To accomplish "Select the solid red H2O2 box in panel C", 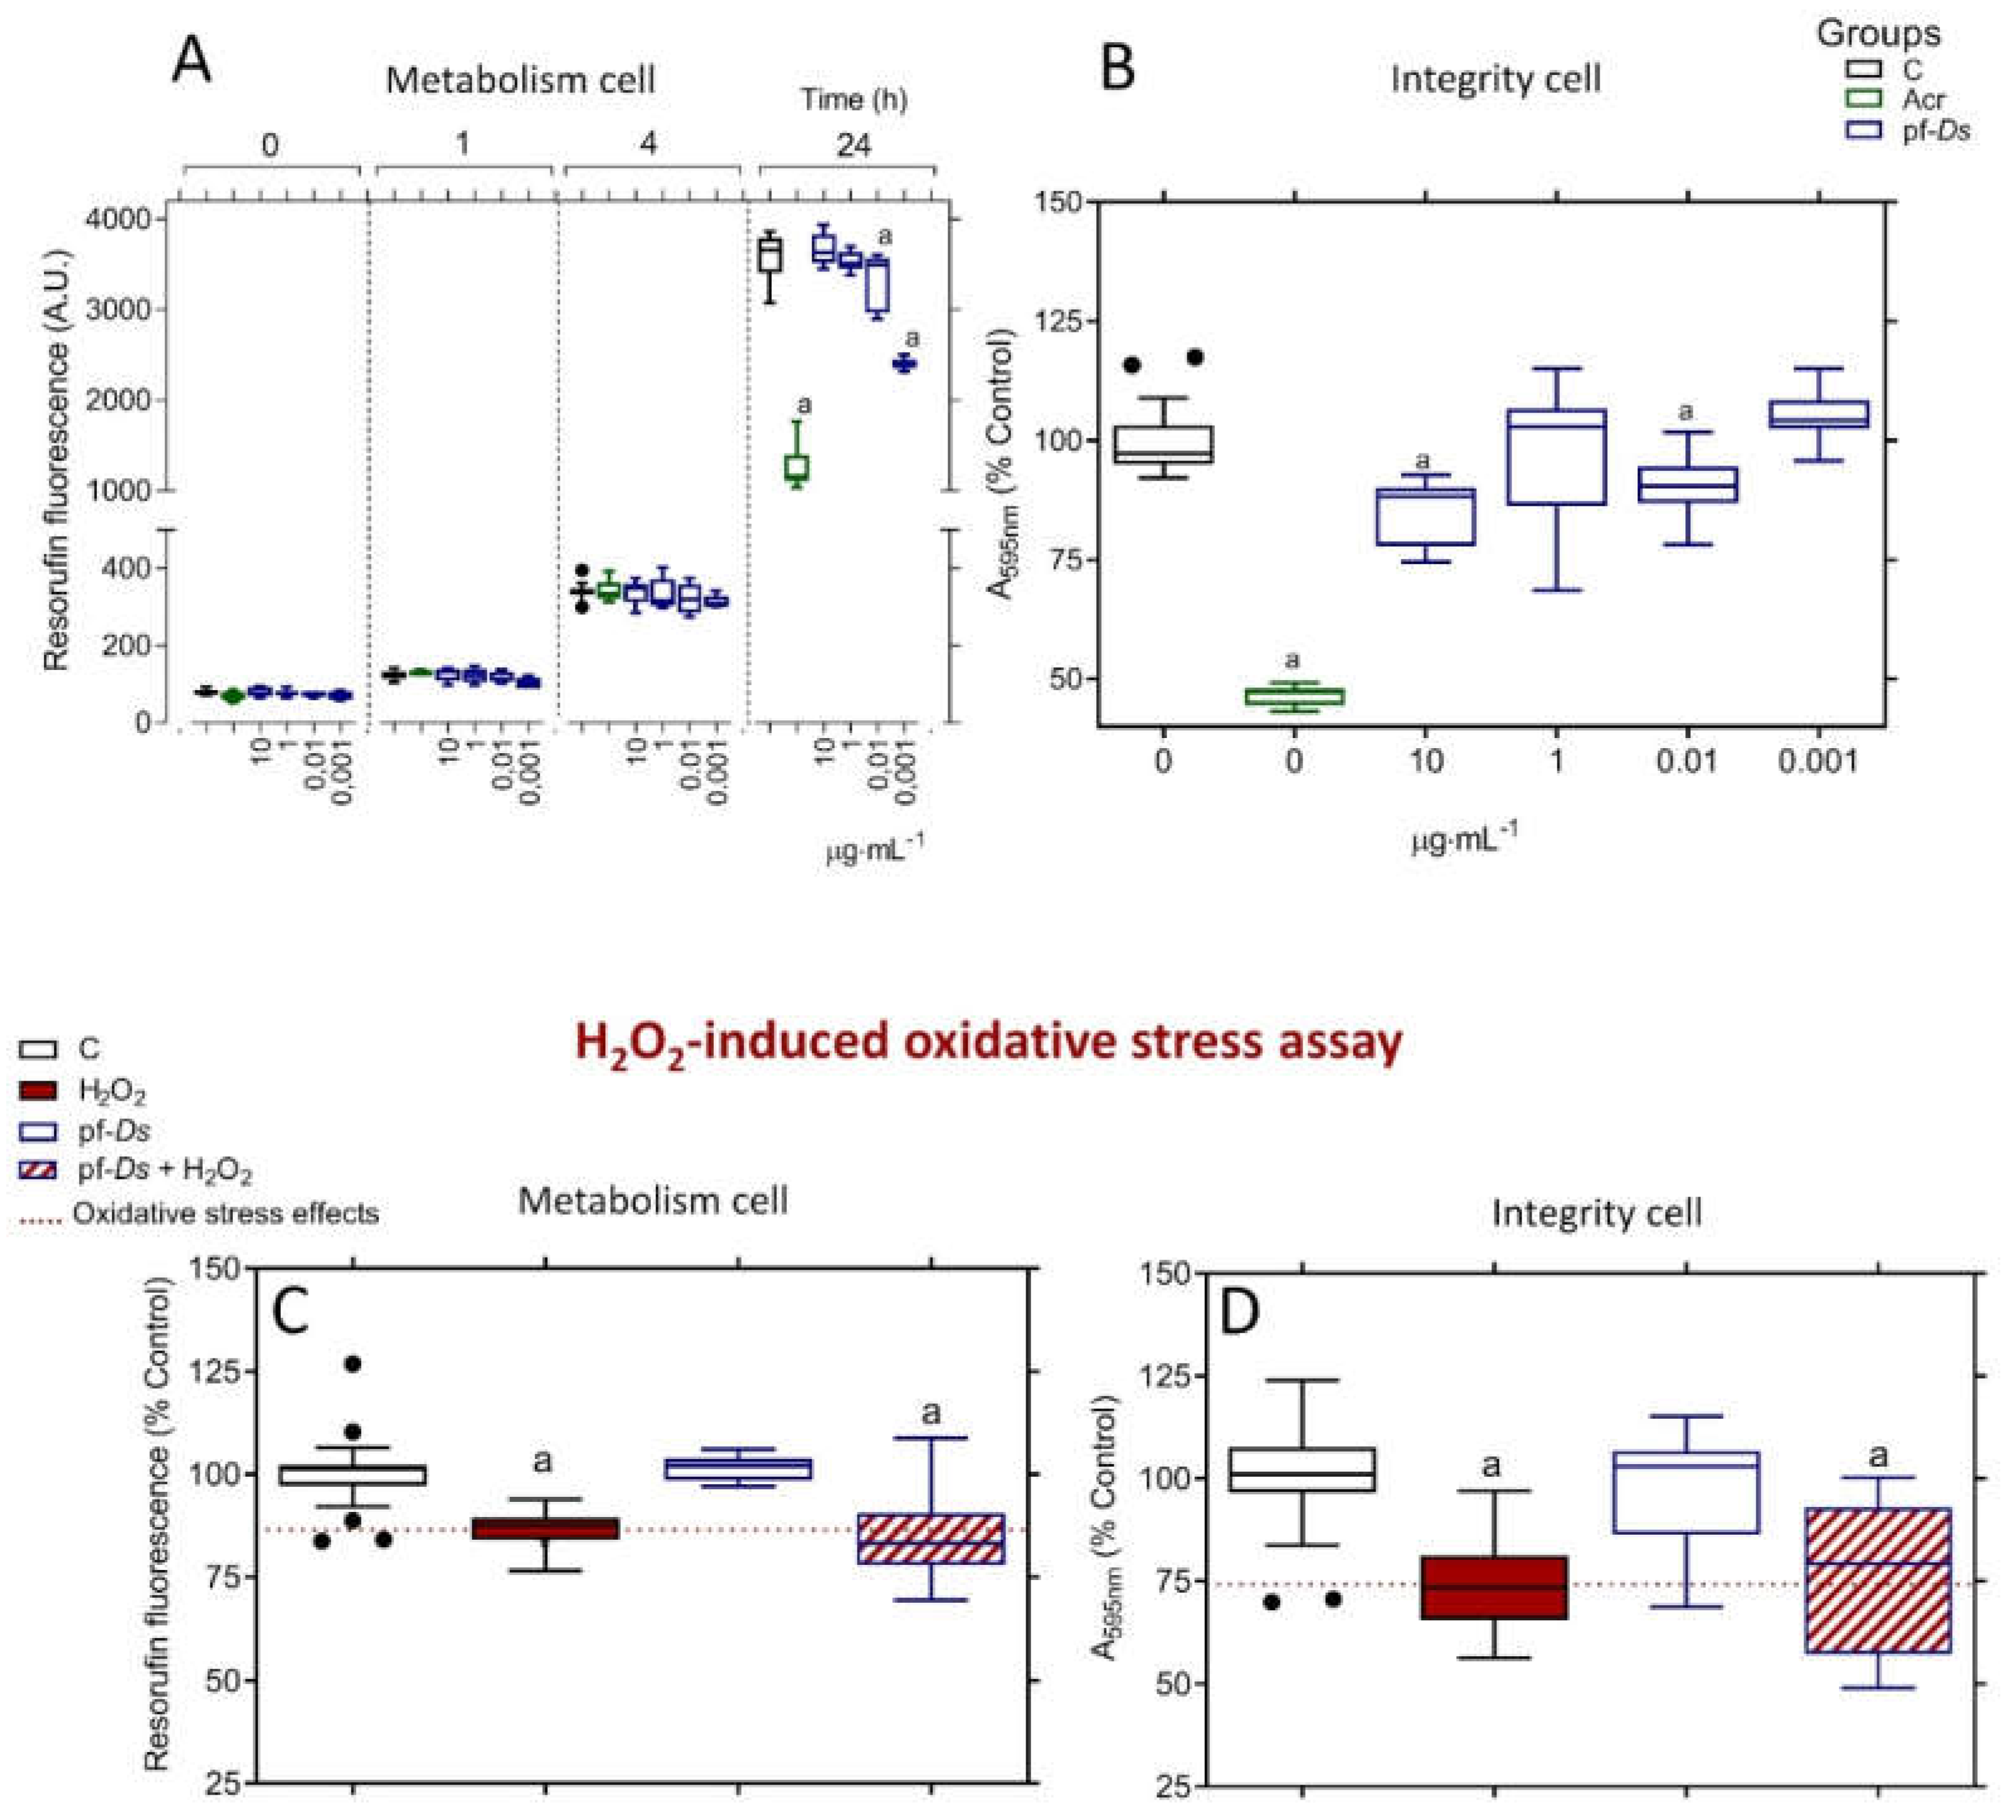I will click(x=545, y=1529).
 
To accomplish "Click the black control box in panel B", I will click(x=1163, y=445).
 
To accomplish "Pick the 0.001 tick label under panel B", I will click(x=1817, y=762).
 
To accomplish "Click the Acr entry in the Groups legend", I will click(x=1923, y=99).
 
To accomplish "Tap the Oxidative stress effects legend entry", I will click(x=224, y=1213).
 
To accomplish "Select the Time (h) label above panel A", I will click(x=854, y=99).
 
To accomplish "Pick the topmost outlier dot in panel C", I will click(x=353, y=1364).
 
